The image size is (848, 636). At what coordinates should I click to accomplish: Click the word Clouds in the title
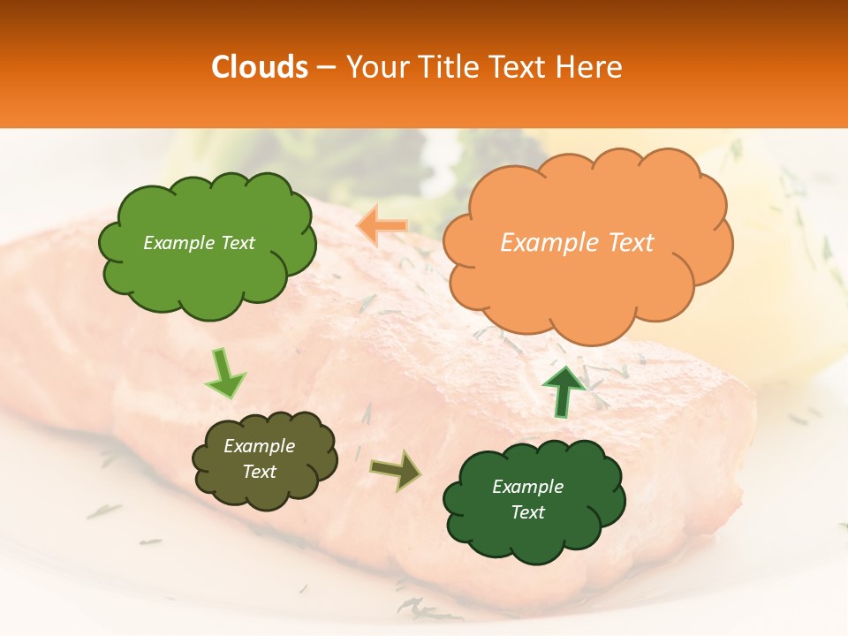(260, 67)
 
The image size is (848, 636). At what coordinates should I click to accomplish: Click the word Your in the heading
(377, 67)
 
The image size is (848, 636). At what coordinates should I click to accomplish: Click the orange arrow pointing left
(382, 227)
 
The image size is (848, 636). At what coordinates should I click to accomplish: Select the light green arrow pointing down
(224, 373)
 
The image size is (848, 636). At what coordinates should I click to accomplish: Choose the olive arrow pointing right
(395, 469)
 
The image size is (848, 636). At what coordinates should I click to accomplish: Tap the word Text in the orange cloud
(629, 243)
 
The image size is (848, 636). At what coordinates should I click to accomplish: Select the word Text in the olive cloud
(259, 472)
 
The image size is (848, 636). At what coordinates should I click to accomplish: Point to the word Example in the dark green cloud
(527, 487)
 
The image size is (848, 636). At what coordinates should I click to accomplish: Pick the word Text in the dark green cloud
(527, 512)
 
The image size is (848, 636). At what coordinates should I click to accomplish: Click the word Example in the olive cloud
(259, 446)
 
